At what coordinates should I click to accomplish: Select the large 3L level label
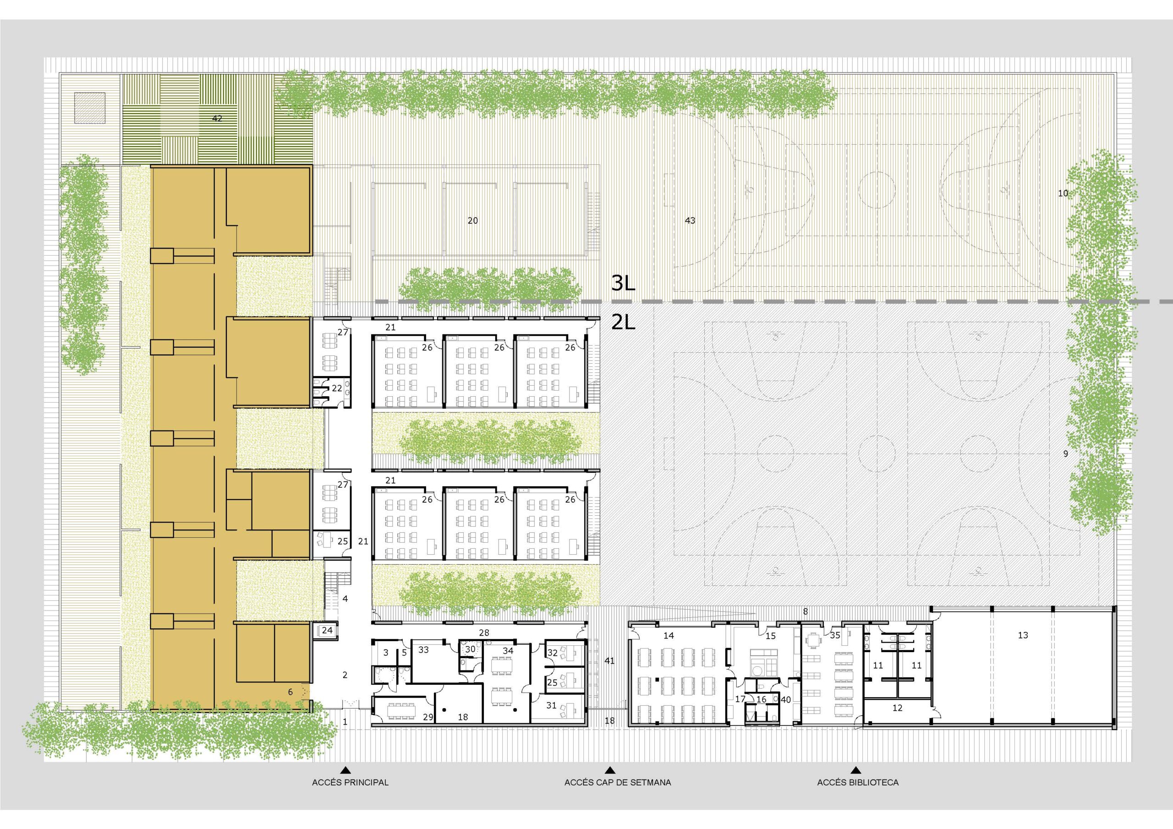point(623,283)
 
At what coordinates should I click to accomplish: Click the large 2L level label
point(623,322)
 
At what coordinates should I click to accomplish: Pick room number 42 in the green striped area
point(217,118)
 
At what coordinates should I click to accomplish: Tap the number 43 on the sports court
point(690,221)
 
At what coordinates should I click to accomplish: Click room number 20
point(472,221)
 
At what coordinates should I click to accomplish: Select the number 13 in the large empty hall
point(1023,635)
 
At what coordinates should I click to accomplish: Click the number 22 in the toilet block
point(337,388)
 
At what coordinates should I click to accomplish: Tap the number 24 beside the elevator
point(327,630)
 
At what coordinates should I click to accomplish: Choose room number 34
point(508,651)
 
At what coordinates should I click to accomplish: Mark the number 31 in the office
point(551,705)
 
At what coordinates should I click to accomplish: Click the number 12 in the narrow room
point(897,708)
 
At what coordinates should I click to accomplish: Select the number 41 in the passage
point(609,660)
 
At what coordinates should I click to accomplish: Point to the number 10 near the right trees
point(1063,193)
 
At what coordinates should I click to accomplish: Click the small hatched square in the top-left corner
point(90,108)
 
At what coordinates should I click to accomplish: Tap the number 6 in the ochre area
point(290,692)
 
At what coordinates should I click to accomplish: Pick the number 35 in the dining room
point(835,635)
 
